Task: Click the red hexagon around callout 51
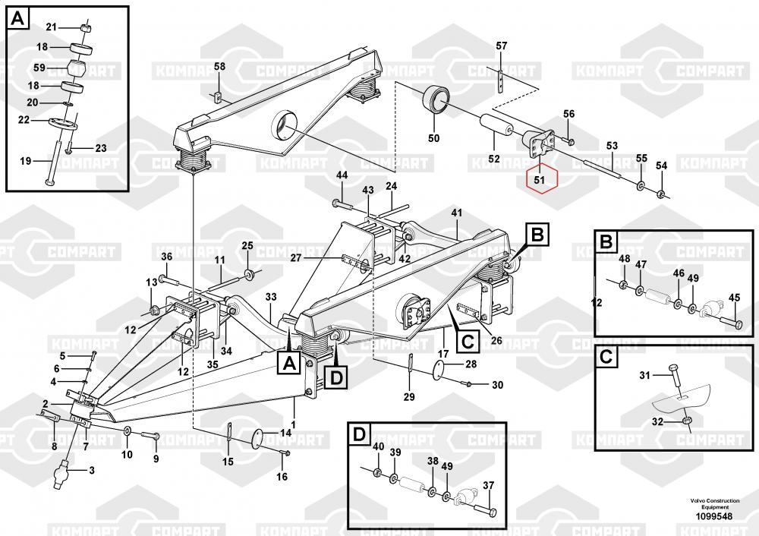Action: [x=541, y=181]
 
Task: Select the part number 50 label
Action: [x=434, y=138]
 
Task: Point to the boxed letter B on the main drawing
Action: [x=537, y=236]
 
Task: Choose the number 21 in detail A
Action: [x=51, y=28]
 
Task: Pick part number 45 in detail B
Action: [x=733, y=298]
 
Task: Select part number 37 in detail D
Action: [x=489, y=486]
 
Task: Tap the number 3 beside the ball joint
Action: [x=92, y=471]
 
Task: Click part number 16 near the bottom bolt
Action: [x=282, y=477]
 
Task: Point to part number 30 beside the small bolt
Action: [x=497, y=385]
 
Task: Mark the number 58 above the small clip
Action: [x=219, y=67]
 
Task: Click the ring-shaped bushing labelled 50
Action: [x=438, y=101]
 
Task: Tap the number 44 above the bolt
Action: [x=342, y=175]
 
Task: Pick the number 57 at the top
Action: [x=501, y=46]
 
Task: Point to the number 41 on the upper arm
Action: [x=456, y=212]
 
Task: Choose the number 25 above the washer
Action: [x=247, y=245]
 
